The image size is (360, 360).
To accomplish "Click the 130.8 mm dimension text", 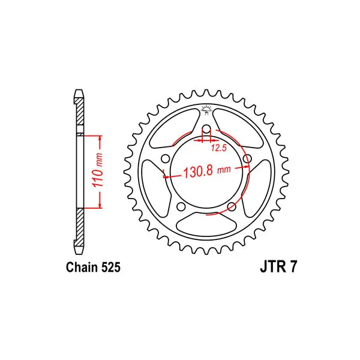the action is pyautogui.click(x=207, y=171).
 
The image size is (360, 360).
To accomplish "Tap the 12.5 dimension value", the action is pyautogui.click(x=219, y=148).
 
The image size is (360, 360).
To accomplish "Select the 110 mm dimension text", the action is pyautogui.click(x=98, y=169).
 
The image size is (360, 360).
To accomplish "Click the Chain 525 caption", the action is pyautogui.click(x=93, y=268).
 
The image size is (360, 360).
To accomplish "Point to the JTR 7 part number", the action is pyautogui.click(x=278, y=267).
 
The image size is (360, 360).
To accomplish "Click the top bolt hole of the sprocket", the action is pyautogui.click(x=206, y=129).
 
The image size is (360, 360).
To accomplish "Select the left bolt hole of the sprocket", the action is pyautogui.click(x=166, y=158).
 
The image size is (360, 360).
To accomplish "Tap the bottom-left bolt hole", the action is pyautogui.click(x=181, y=206).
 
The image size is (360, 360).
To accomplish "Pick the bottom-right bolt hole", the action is pyautogui.click(x=232, y=206).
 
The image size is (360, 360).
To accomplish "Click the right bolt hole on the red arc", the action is pyautogui.click(x=247, y=158).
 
